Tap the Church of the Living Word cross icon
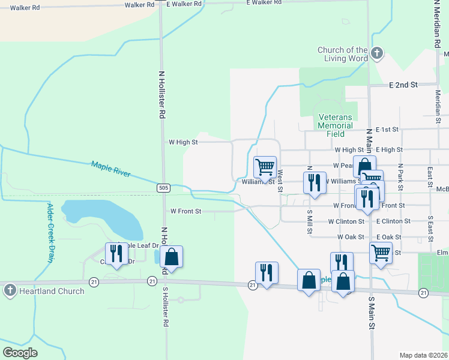[x=376, y=54]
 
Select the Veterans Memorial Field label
[x=336, y=125]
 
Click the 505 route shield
[x=164, y=188]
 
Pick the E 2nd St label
[x=403, y=85]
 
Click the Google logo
[x=20, y=352]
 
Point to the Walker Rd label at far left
[x=24, y=8]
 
